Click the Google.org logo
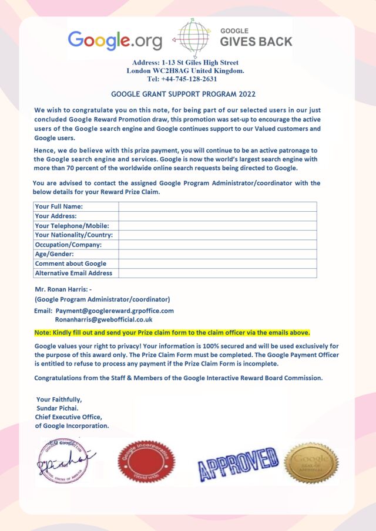(x=115, y=40)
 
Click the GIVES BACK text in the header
(x=256, y=42)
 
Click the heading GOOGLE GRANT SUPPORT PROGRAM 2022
(x=183, y=94)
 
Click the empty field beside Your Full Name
(x=217, y=207)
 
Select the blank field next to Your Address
(x=217, y=216)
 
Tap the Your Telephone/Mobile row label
(x=72, y=225)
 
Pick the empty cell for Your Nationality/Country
(x=217, y=235)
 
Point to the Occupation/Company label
(x=68, y=245)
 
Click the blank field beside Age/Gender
(x=217, y=254)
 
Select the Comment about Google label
(x=70, y=263)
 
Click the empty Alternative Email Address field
(x=217, y=273)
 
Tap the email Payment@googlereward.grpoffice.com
(x=115, y=310)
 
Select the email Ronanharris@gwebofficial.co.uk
(x=103, y=320)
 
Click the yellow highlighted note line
(x=172, y=332)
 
